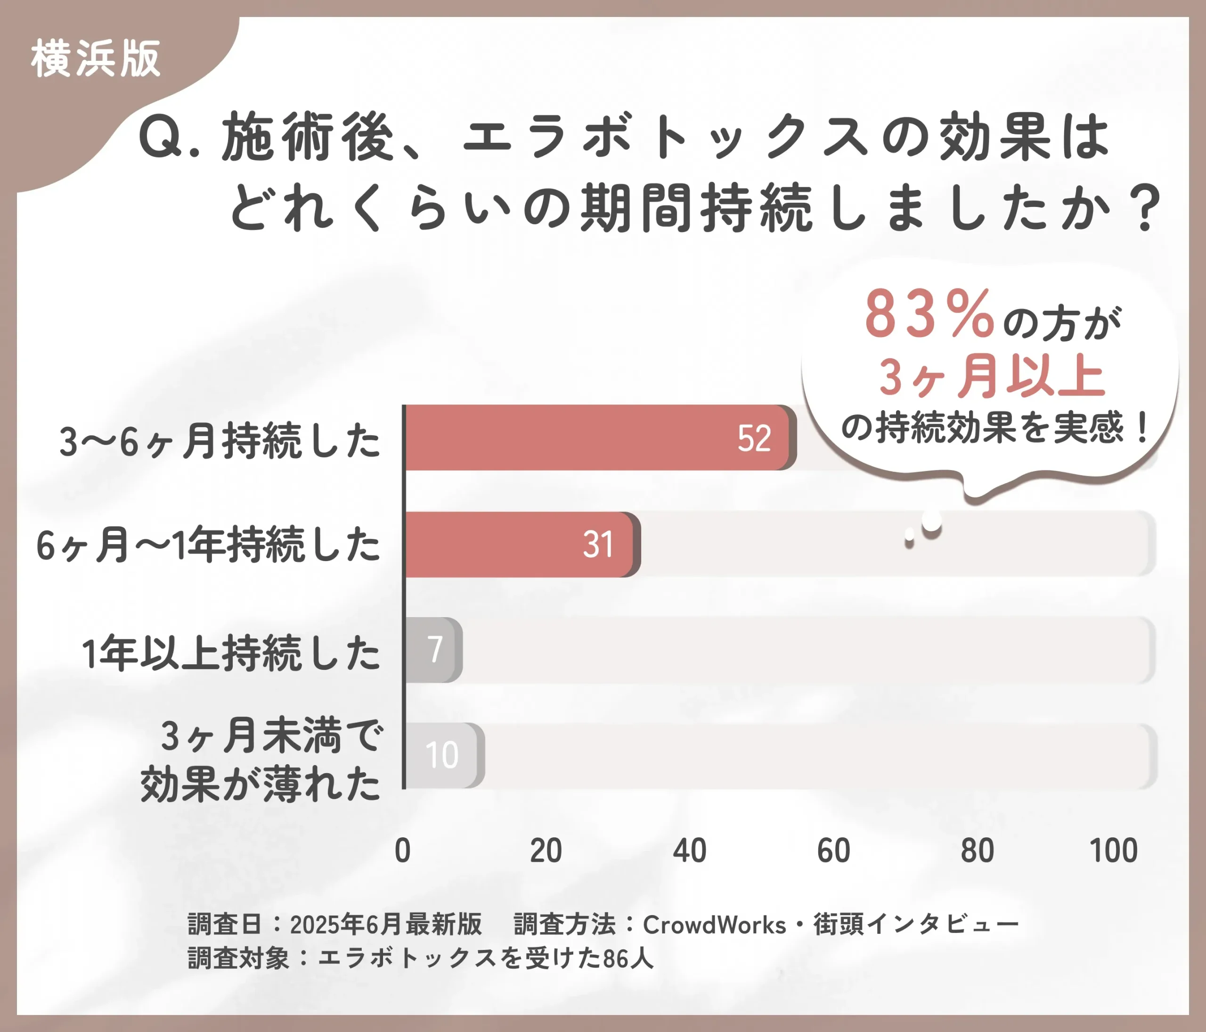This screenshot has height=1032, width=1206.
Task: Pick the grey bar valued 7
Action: point(433,649)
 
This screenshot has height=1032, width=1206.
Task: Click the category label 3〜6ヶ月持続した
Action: point(220,441)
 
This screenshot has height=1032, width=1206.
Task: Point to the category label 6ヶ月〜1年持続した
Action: point(208,545)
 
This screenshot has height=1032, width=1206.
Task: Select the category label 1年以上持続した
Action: point(231,653)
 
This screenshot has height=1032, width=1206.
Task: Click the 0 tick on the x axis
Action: point(403,850)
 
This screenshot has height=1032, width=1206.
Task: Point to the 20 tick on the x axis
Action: point(546,850)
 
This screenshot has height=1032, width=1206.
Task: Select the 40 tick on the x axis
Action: point(690,850)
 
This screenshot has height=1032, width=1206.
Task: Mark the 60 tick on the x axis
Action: point(833,850)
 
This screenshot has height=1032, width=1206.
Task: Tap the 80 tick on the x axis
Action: point(977,850)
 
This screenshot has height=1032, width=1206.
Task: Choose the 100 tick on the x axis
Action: point(1114,850)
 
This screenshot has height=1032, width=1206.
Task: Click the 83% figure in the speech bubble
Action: point(929,314)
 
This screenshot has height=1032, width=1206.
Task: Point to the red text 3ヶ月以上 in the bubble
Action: point(992,377)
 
